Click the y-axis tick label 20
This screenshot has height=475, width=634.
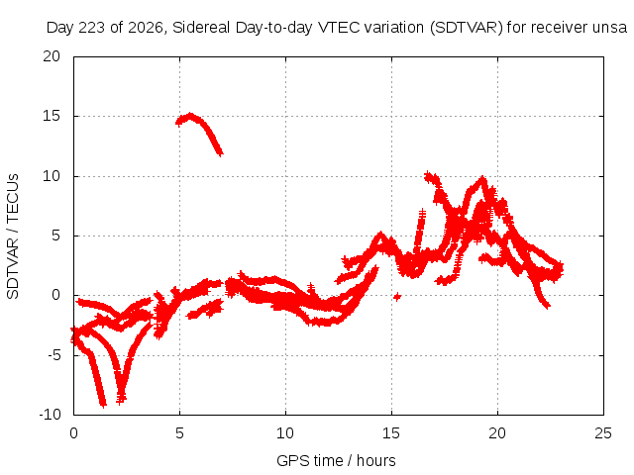52,56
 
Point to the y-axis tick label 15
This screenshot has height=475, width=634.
52,116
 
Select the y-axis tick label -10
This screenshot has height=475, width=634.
50,415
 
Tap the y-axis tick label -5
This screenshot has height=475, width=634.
53,355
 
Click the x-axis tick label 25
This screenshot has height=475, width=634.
603,433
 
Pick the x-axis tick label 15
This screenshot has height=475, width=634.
391,433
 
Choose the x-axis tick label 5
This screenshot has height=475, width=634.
179,433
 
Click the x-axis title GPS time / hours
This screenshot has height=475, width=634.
336,460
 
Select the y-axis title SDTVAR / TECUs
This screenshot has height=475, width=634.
13,237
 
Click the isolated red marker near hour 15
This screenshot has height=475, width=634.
397,297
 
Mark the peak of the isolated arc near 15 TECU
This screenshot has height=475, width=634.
190,116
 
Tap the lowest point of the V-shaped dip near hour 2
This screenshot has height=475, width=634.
121,400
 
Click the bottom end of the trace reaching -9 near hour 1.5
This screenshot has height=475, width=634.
103,404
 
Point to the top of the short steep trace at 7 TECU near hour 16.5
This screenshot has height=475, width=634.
422,211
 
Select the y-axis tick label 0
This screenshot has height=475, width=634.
55,295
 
